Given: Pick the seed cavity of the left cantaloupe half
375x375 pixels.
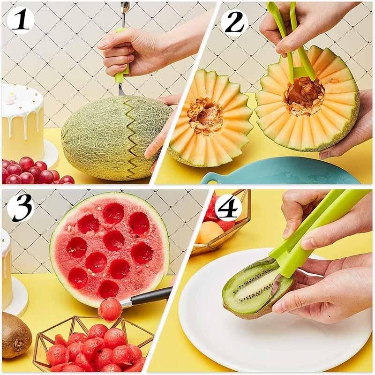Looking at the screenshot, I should pyautogui.click(x=205, y=115).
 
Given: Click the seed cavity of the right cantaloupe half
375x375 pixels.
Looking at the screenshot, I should pyautogui.click(x=305, y=96).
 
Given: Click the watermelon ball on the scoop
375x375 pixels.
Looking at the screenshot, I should pyautogui.click(x=110, y=309).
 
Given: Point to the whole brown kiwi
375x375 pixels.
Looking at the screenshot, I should pyautogui.click(x=15, y=335).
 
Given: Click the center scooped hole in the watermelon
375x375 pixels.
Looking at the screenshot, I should pyautogui.click(x=114, y=240).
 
